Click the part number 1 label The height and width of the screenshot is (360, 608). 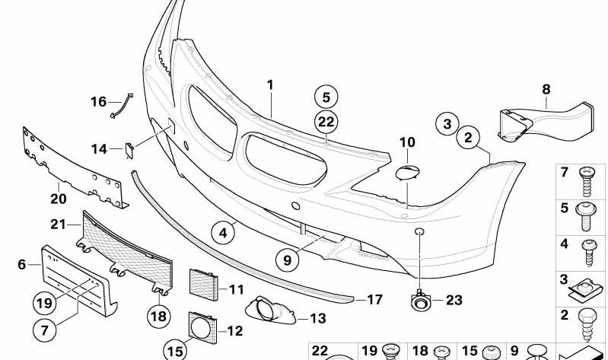(269, 84)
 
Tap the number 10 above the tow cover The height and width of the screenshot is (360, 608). (407, 142)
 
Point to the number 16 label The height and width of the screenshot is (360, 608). (99, 101)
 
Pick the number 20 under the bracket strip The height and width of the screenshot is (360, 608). (59, 199)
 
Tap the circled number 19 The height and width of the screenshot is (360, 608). (46, 302)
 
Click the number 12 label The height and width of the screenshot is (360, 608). (235, 331)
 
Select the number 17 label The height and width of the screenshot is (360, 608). (374, 300)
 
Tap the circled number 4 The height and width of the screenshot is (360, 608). (223, 233)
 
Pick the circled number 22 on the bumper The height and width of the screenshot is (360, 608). (326, 121)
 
